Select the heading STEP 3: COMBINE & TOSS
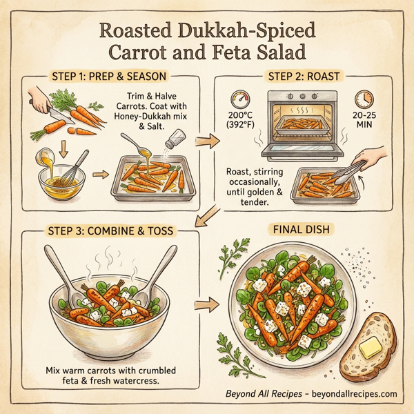(108, 228)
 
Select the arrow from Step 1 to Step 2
(210, 141)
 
